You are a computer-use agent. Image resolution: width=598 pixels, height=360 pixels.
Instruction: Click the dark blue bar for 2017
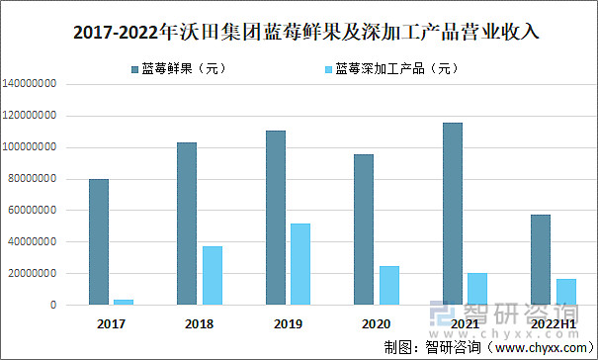click(99, 241)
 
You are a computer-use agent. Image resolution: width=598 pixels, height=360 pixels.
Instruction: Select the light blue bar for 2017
click(125, 302)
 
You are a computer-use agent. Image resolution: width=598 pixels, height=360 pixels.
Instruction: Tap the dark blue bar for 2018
click(187, 224)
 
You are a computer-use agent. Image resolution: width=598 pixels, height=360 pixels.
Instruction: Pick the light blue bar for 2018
click(213, 275)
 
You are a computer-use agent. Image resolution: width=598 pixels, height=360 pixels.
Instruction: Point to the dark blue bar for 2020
click(364, 229)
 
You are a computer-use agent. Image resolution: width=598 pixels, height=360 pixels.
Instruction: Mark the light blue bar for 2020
click(389, 285)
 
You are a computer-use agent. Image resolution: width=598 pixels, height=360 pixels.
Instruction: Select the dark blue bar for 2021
click(453, 214)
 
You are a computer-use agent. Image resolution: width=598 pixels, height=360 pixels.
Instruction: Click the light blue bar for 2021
click(477, 288)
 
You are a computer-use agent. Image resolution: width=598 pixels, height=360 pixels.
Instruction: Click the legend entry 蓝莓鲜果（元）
click(168, 68)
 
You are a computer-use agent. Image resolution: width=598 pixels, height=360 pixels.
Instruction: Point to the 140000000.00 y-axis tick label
click(37, 84)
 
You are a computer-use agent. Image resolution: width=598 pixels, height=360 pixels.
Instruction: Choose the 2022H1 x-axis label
click(554, 323)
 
